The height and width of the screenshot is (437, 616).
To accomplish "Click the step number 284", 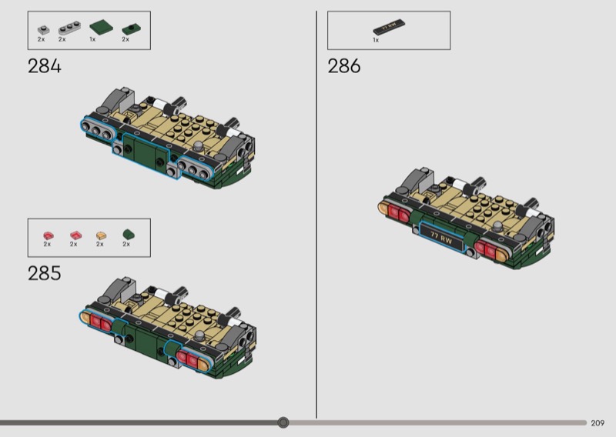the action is click(45, 66).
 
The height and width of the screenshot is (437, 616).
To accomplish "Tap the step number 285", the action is click(45, 273).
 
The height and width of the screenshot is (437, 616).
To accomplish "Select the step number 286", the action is click(344, 66).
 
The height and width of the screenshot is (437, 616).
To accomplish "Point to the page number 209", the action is click(598, 423).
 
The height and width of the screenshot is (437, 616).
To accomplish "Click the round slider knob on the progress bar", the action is click(283, 422).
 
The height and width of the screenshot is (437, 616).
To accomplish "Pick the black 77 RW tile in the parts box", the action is click(389, 27).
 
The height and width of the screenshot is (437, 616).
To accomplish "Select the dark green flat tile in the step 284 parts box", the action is click(102, 27).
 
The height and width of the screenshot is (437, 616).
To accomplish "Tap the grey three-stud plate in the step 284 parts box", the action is click(69, 28).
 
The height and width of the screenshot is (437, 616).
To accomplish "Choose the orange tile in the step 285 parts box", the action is click(102, 235).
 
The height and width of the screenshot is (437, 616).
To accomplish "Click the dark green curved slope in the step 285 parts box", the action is click(129, 235).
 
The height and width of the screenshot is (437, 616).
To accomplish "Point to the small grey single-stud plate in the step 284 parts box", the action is click(44, 30).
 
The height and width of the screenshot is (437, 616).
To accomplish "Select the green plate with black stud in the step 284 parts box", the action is click(131, 29).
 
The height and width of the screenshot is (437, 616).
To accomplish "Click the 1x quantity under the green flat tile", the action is click(92, 39).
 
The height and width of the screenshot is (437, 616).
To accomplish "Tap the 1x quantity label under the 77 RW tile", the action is click(376, 40).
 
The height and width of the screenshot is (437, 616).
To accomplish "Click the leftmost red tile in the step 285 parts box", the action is click(49, 235).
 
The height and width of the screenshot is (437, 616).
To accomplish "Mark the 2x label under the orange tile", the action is click(100, 244).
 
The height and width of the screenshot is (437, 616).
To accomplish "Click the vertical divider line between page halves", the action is click(316, 215).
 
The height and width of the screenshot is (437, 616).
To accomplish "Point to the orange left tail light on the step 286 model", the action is click(383, 208).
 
